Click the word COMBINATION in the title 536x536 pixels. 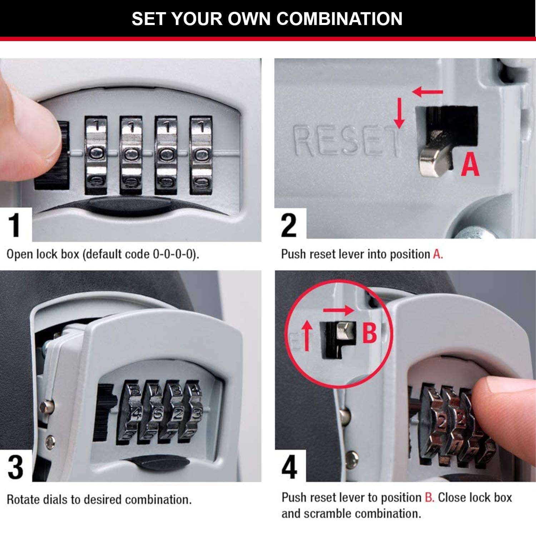(x=339, y=19)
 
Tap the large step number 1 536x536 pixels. (x=14, y=225)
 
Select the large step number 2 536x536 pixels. (x=289, y=225)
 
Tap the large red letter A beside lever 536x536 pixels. (x=470, y=164)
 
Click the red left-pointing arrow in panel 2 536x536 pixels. (x=427, y=92)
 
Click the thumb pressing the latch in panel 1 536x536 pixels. (x=29, y=132)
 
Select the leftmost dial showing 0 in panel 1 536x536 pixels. (x=96, y=154)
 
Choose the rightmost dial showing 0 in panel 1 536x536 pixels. (x=201, y=155)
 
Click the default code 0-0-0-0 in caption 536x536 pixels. (x=174, y=254)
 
